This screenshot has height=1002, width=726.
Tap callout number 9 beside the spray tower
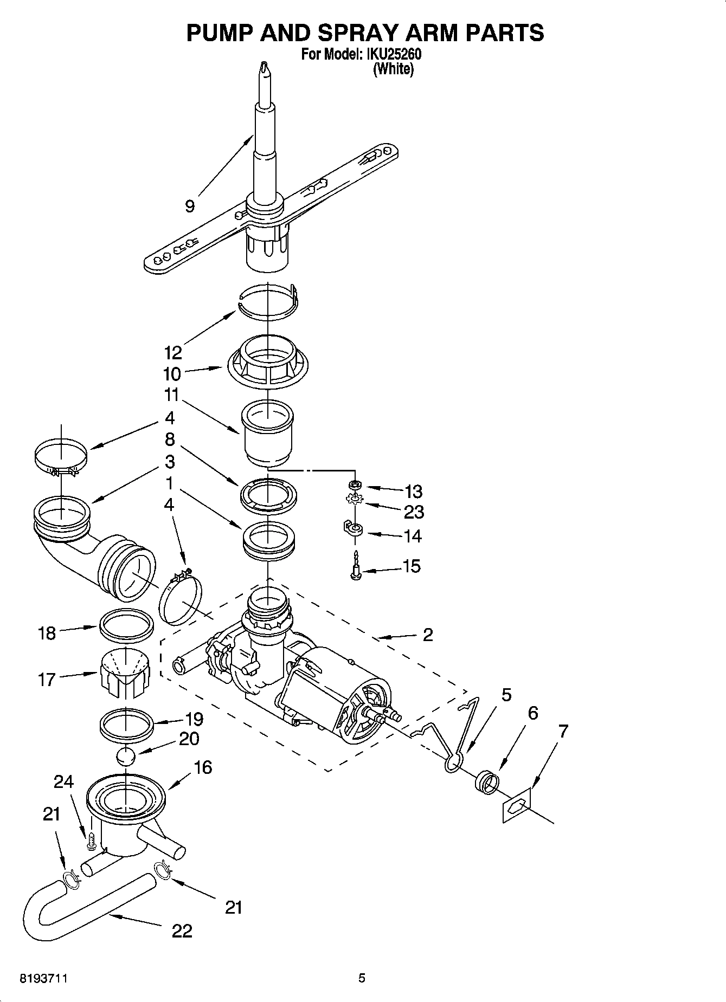(x=189, y=206)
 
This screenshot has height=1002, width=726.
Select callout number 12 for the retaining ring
(x=173, y=353)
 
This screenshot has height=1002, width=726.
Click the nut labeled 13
(x=355, y=483)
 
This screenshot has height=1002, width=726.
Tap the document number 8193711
(x=43, y=979)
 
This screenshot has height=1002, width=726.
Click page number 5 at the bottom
(x=362, y=978)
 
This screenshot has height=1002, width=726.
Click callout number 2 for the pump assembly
(x=427, y=635)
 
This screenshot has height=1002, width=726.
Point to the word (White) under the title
(x=393, y=69)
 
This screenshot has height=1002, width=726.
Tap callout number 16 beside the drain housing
(x=202, y=767)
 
